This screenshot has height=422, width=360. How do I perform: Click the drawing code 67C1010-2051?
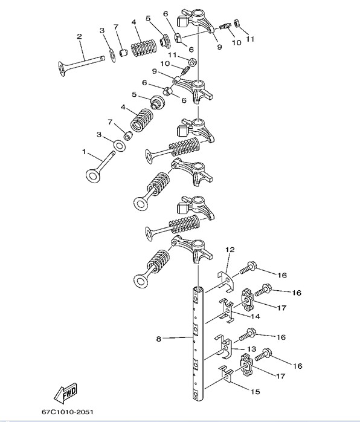point(68,412)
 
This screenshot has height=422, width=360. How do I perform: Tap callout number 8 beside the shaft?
point(159,339)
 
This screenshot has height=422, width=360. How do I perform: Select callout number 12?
point(230,250)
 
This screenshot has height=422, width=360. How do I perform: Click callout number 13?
point(252,349)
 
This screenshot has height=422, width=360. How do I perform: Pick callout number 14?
point(255,316)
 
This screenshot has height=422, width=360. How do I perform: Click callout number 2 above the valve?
point(79,36)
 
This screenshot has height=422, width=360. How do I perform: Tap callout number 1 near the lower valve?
point(84,152)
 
